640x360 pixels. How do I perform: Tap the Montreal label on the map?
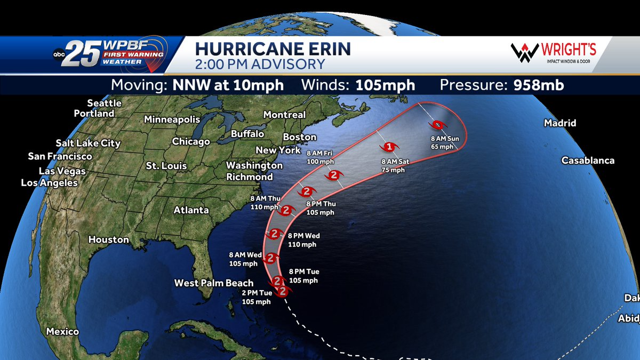coord(284,115)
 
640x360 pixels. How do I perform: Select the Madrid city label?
coord(560,123)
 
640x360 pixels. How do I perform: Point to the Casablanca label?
coord(588,161)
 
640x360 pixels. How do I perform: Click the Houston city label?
coord(109,239)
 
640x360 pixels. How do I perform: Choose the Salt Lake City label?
coord(88,143)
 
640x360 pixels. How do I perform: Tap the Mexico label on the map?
coord(62,331)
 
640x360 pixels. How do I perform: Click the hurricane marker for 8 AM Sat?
coord(389,147)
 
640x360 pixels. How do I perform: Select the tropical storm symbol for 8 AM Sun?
coord(437,125)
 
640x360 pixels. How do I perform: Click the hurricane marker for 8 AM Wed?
coord(271,258)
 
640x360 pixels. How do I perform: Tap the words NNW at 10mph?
coord(228,85)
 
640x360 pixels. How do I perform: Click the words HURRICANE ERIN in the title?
coord(273,50)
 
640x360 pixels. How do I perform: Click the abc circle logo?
coord(59,54)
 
